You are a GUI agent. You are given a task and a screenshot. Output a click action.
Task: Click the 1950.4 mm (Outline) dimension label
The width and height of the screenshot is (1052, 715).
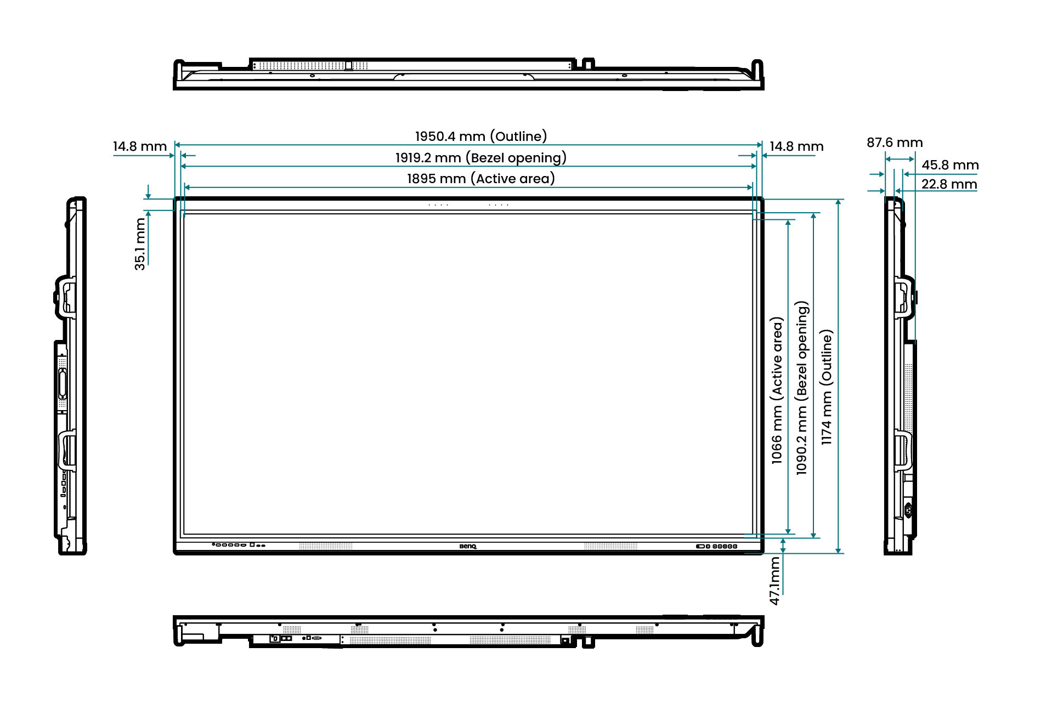pyautogui.click(x=480, y=136)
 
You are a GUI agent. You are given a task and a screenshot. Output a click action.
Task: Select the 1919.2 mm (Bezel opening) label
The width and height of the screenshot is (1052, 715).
pyautogui.click(x=480, y=158)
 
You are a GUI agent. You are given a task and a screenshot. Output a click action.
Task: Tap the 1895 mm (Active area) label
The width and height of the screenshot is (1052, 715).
pyautogui.click(x=480, y=179)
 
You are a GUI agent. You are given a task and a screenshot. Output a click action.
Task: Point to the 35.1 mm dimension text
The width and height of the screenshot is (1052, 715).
pyautogui.click(x=140, y=244)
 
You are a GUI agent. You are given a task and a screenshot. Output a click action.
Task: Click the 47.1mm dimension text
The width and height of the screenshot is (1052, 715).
pyautogui.click(x=774, y=581)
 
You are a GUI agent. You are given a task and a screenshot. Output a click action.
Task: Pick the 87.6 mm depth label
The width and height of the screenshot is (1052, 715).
pyautogui.click(x=895, y=143)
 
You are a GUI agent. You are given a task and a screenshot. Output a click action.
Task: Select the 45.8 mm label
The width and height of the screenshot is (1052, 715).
pyautogui.click(x=950, y=165)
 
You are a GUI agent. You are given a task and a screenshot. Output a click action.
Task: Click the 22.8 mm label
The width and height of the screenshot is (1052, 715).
pyautogui.click(x=949, y=184)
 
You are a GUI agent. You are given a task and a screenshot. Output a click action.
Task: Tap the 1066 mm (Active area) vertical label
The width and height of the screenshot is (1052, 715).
pyautogui.click(x=777, y=390)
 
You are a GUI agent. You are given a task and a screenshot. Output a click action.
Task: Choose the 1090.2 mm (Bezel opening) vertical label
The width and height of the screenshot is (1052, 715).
pyautogui.click(x=801, y=388)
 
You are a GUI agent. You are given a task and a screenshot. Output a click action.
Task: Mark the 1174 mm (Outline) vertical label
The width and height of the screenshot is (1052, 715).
pyautogui.click(x=826, y=387)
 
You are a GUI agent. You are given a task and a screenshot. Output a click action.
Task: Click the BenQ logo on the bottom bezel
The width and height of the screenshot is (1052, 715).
pyautogui.click(x=468, y=546)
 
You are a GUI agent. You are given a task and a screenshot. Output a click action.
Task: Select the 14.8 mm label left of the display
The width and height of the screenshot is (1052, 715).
pyautogui.click(x=140, y=146)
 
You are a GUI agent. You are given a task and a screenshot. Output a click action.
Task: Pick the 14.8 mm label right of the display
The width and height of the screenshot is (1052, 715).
pyautogui.click(x=796, y=146)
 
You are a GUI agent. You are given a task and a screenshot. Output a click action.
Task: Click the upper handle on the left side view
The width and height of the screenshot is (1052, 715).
pyautogui.click(x=65, y=297)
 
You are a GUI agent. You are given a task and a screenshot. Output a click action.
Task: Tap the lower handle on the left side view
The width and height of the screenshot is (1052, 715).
pyautogui.click(x=67, y=451)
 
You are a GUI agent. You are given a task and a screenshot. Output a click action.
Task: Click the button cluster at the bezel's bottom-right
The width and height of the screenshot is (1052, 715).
pyautogui.click(x=716, y=546)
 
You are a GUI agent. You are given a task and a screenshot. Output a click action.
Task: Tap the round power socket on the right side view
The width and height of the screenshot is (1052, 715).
pyautogui.click(x=908, y=510)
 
